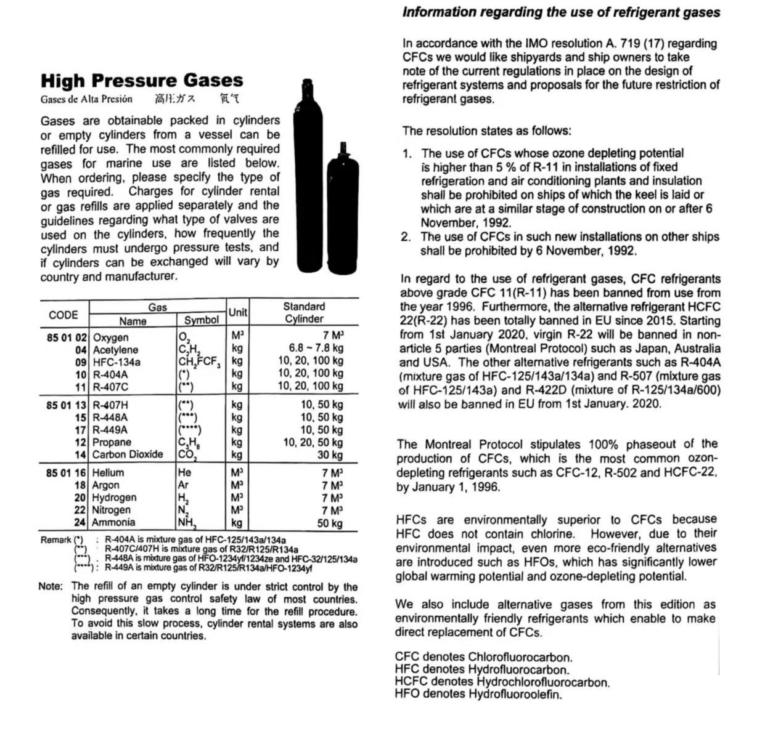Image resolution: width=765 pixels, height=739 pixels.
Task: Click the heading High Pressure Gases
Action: click(x=142, y=81)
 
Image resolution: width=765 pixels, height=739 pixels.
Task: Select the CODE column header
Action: click(x=63, y=315)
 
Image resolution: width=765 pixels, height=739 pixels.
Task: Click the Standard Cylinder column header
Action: click(x=304, y=312)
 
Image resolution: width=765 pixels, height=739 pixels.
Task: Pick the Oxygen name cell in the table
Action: click(x=111, y=337)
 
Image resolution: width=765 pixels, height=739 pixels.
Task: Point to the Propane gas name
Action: click(x=112, y=442)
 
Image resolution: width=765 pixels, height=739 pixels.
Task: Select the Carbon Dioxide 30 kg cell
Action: click(x=330, y=454)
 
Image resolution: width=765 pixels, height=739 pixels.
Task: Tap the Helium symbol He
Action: click(x=184, y=473)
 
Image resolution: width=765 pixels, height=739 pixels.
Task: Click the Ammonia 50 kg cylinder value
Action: click(x=330, y=523)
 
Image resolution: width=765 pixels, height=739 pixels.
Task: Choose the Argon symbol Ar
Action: click(x=183, y=485)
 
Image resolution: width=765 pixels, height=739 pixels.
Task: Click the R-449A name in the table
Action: click(x=110, y=430)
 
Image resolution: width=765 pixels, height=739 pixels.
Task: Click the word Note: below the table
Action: click(x=51, y=586)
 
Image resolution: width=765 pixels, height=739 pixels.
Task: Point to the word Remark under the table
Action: click(x=56, y=540)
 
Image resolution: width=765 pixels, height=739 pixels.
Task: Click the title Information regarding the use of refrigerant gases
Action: click(x=561, y=12)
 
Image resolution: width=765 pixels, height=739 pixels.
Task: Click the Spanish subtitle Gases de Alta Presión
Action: click(x=86, y=99)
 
